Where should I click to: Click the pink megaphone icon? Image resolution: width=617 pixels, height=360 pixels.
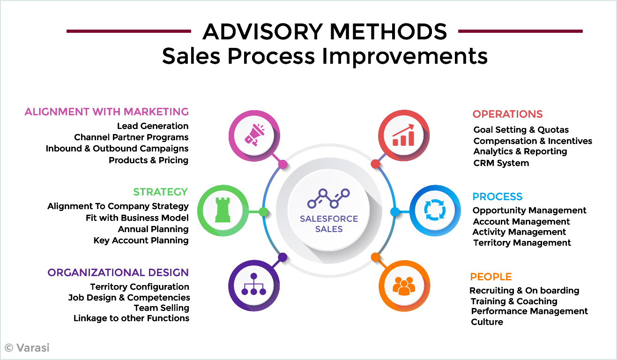coord(254,135)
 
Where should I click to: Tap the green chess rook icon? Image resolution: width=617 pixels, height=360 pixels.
coord(223,210)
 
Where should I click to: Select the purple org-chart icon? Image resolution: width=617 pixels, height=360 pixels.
coord(253,284)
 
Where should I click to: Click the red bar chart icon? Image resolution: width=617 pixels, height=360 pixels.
coord(403,135)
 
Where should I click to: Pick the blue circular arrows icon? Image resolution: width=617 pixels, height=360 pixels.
coord(435,210)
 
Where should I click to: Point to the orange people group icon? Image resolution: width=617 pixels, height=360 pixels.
coord(404,286)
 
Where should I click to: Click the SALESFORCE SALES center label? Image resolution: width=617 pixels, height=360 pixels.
coord(329,224)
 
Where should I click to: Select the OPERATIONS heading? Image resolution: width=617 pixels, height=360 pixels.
coord(507,114)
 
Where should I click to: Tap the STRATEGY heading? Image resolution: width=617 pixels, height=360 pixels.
coord(161,192)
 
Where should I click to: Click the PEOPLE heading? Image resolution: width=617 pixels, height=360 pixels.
coord(491,277)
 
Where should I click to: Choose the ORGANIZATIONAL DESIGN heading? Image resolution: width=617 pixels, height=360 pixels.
coord(118,273)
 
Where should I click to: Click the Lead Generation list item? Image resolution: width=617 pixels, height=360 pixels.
coord(153,126)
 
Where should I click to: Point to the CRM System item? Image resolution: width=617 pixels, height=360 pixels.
coord(501,163)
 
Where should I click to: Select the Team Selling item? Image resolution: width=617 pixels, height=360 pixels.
coord(162,308)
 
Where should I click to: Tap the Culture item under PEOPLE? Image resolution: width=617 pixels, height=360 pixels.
coord(487,322)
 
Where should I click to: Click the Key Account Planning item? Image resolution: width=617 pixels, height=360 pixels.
coord(141,240)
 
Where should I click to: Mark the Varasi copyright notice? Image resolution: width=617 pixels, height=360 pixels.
coord(27,348)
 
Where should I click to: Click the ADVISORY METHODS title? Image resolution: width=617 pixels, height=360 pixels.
coord(325,31)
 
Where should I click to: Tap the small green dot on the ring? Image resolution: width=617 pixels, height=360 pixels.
coord(263,212)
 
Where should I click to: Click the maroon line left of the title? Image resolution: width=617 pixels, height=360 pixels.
coord(129,31)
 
